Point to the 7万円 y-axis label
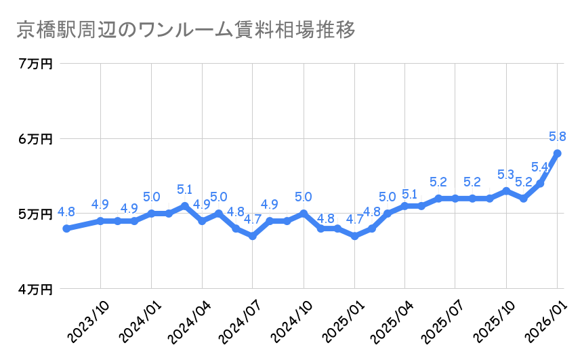point(36,64)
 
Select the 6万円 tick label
point(36,139)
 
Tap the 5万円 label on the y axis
point(36,214)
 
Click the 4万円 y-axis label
point(36,289)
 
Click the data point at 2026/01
point(557,153)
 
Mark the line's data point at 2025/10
point(506,191)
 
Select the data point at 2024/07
point(253,236)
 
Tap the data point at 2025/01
point(354,236)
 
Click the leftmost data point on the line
point(66,228)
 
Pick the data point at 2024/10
point(304,214)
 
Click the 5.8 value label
point(558,136)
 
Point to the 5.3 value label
point(506,174)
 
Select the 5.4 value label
point(540,167)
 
